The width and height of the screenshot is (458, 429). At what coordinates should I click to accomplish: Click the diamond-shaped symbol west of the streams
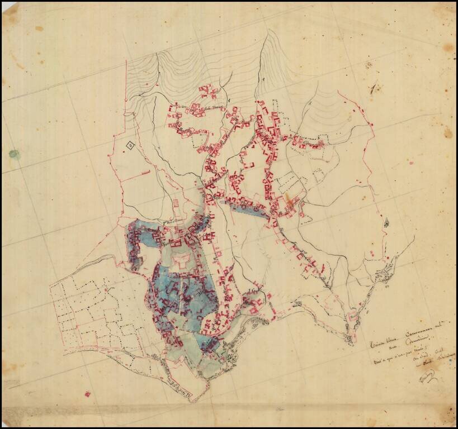[130, 146]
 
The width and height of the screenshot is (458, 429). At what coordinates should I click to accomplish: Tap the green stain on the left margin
[14, 153]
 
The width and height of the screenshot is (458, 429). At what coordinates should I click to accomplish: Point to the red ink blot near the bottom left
[87, 394]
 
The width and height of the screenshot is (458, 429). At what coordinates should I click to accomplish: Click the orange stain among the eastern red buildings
[289, 198]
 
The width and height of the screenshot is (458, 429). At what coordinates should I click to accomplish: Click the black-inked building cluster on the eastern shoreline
[385, 274]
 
